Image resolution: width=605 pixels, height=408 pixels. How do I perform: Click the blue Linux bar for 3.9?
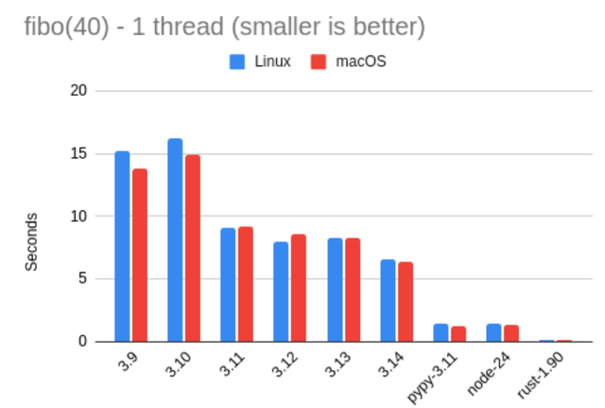[122, 246]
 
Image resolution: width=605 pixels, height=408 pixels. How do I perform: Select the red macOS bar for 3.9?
[140, 255]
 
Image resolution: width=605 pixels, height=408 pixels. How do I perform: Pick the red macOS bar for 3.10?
[193, 248]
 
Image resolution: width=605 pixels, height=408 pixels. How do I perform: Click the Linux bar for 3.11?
[228, 284]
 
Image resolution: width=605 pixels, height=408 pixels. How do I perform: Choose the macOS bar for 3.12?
[299, 288]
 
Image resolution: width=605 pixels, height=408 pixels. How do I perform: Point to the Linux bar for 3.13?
[335, 290]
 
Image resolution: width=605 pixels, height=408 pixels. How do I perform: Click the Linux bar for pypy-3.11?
[441, 332]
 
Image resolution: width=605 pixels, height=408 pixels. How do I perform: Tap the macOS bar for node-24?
[511, 333]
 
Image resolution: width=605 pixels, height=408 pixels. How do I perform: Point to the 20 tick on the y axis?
[78, 91]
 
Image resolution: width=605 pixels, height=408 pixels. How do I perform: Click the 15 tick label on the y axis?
[78, 153]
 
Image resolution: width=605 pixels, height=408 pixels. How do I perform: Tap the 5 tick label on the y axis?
[82, 278]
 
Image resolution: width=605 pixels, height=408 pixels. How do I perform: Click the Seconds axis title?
[31, 241]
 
